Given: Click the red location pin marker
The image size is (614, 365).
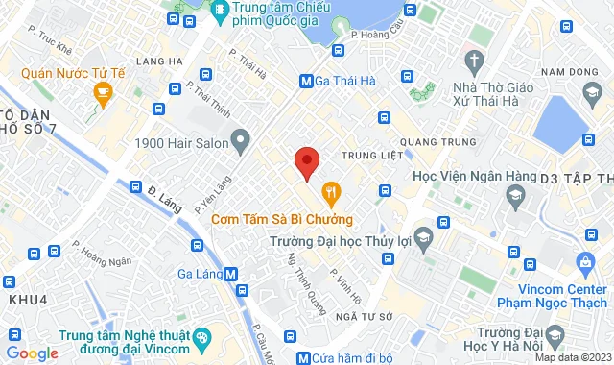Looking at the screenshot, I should (306, 162).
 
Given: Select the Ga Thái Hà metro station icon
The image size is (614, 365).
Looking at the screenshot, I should (306, 82).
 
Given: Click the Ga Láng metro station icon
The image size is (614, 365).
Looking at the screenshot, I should (230, 274).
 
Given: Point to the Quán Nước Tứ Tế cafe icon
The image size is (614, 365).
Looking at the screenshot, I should (101, 93).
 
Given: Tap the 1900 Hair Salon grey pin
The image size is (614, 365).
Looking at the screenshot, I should (240, 143).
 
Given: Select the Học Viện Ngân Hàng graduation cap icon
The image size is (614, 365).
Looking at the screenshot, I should (514, 196).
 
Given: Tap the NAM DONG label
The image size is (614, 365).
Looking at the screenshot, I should (572, 72).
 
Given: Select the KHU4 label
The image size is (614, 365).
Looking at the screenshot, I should (28, 299).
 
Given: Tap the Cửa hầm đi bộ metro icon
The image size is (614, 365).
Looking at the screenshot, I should (304, 358).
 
